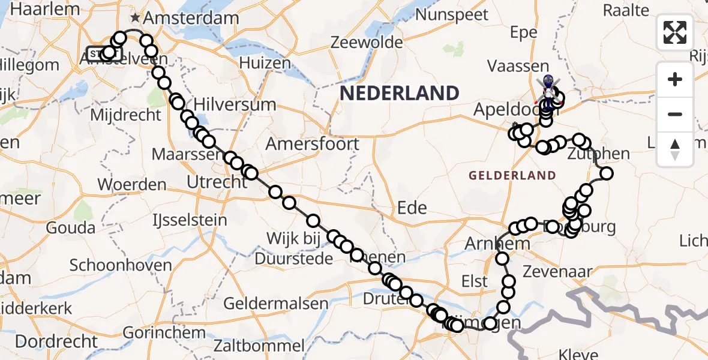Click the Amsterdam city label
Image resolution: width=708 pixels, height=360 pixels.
[x=191, y=18]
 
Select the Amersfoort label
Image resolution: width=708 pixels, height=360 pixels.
[x=313, y=144]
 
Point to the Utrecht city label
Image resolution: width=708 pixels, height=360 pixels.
[x=217, y=182]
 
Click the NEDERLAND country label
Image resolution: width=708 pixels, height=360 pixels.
[x=400, y=93]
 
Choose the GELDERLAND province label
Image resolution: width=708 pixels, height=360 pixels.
[x=512, y=176]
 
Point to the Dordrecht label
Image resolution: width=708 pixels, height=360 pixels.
[x=56, y=342]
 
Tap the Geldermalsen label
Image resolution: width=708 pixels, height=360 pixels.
[x=276, y=304]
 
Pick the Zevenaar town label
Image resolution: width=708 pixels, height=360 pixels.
[x=557, y=272]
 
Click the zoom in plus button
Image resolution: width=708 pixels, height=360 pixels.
[x=675, y=79]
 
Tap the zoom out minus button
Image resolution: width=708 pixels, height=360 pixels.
[x=675, y=114]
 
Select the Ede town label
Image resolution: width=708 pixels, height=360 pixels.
[x=412, y=208]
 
